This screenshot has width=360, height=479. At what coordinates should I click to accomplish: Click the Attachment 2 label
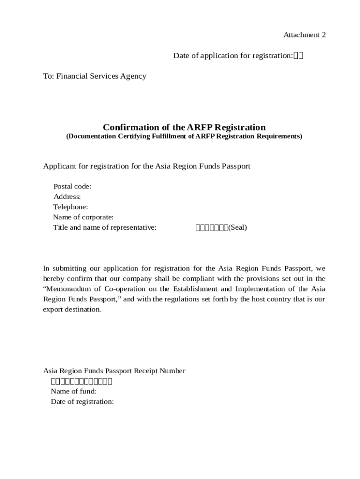304,35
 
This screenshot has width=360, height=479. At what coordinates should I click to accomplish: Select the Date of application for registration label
233,56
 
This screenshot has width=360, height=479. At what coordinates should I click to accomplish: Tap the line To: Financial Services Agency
94,76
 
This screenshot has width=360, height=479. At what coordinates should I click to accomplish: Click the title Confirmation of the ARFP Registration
184,127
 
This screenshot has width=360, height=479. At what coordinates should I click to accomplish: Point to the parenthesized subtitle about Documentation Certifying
184,137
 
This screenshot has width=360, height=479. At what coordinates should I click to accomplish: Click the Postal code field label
72,187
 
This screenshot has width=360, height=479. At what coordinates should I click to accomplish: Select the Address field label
67,197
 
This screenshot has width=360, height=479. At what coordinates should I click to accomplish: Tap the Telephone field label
70,207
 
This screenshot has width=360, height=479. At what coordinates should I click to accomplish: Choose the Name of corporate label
83,218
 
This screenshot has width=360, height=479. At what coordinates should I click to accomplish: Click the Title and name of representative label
104,228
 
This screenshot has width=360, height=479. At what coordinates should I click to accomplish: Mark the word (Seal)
238,228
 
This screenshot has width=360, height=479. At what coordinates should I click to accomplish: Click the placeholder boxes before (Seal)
211,228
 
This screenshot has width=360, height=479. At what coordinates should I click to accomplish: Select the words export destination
72,310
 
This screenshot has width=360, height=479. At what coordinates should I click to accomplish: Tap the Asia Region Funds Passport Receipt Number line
114,371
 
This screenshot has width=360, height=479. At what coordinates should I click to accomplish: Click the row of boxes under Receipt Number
81,381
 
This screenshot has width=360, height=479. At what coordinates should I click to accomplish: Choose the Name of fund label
73,392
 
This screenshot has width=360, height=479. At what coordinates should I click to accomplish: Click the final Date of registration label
82,402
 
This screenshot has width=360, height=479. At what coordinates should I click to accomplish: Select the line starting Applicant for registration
147,167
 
